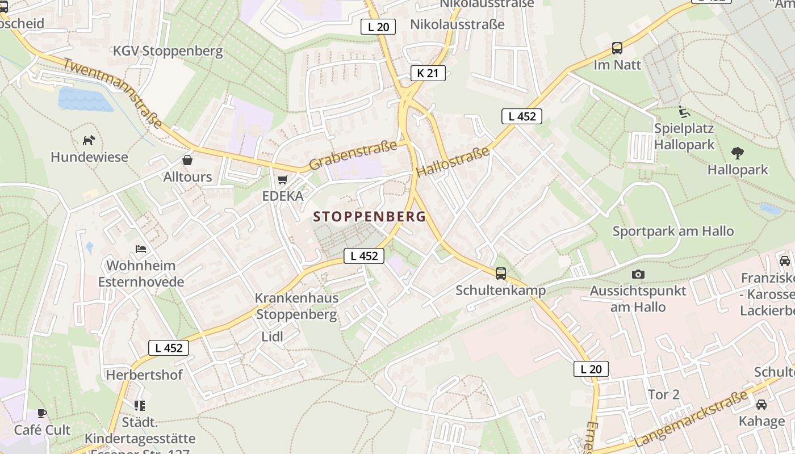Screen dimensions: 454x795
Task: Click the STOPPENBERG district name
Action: point(369,217)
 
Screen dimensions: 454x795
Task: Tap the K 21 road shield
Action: point(428,73)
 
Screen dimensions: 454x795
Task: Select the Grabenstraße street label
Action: point(353,155)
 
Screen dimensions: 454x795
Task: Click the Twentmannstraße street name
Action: point(112,93)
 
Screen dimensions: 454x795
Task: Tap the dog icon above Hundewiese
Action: point(89,140)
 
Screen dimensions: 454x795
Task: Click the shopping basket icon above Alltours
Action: point(187,160)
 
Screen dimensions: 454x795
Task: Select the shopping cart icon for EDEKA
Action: point(282,179)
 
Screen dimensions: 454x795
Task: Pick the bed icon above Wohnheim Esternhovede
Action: point(141,249)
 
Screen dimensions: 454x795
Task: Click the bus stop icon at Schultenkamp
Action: point(500,273)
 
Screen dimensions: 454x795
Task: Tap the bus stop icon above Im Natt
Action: point(617,48)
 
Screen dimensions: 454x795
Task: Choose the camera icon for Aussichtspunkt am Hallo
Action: point(638,274)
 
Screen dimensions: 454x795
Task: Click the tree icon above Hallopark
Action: point(738,153)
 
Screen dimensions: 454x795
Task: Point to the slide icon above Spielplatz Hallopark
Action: point(684,112)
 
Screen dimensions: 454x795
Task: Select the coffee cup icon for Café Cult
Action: point(42,413)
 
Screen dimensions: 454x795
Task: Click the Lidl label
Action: point(272,337)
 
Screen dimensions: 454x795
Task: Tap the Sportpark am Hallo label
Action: point(673,231)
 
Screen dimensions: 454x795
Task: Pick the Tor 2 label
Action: point(664,394)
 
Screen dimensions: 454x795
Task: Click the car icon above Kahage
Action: point(761,404)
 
